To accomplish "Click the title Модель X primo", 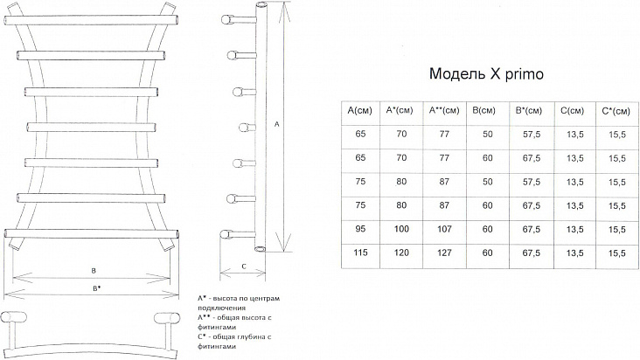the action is click(x=486, y=74).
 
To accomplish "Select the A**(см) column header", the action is click(x=444, y=110).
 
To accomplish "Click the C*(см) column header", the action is click(x=616, y=111).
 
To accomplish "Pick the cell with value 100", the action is click(x=401, y=229).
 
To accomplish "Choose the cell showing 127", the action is click(x=444, y=253).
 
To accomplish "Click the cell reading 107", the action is click(x=444, y=229).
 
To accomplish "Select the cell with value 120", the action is click(x=401, y=253).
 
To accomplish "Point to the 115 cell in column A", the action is click(x=360, y=253).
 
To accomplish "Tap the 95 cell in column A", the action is click(x=360, y=229).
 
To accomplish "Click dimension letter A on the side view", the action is click(x=276, y=124).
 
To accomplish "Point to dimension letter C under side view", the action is click(x=244, y=267).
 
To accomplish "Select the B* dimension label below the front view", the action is click(x=96, y=288).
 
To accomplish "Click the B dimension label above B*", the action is click(x=94, y=270).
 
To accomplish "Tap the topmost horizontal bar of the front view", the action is click(x=92, y=20).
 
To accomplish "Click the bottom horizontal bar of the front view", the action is click(x=92, y=233).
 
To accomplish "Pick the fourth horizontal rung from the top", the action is click(x=92, y=127).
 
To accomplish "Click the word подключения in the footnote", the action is click(x=221, y=308).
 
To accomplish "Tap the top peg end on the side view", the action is click(x=226, y=19).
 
